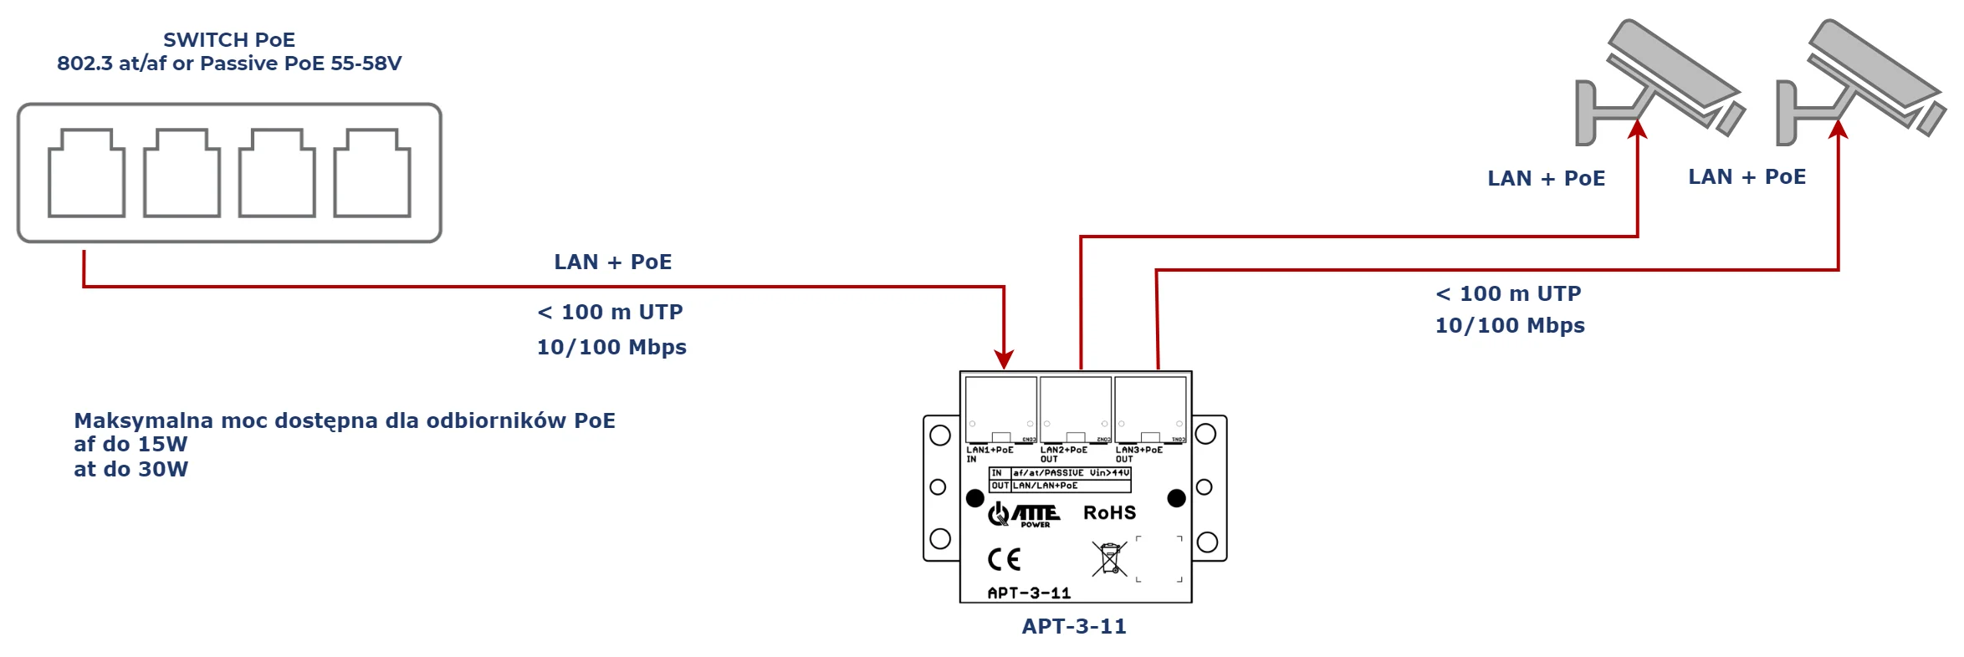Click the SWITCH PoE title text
coord(228,40)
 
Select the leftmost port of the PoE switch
coord(86,173)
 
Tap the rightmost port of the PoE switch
coord(372,173)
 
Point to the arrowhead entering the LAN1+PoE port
coord(1004,359)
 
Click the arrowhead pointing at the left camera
coord(1637,130)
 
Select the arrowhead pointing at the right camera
coord(1838,130)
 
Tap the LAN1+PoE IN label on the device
coord(989,454)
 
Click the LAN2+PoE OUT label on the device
coord(1063,454)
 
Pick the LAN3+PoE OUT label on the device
coord(1138,454)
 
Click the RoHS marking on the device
coord(1109,512)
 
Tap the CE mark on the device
coord(1004,559)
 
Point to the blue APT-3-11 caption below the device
coord(1074,626)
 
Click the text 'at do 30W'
coord(130,469)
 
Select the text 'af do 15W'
coord(130,444)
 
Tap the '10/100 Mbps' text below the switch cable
coord(611,347)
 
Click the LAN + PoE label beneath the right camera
coord(1747,176)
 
